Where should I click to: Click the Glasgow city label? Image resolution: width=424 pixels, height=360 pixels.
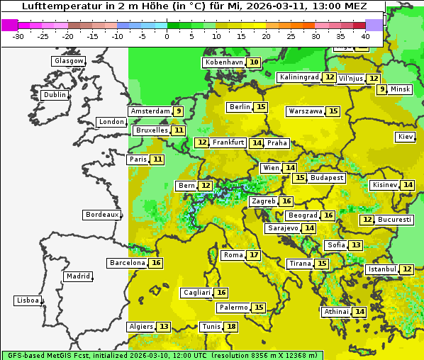[69, 61]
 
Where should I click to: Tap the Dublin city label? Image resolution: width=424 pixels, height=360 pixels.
[55, 95]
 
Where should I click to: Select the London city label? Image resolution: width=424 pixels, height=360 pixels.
[111, 122]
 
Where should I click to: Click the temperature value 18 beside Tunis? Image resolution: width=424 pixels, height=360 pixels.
[231, 327]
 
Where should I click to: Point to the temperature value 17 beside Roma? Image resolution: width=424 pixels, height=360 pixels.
[253, 255]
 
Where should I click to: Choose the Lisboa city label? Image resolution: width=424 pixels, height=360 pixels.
[28, 300]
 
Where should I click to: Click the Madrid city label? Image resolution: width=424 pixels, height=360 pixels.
[77, 276]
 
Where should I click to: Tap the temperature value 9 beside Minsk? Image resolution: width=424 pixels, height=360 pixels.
[381, 89]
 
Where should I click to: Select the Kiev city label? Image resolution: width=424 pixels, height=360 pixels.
[406, 137]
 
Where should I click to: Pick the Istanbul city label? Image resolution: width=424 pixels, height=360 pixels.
[382, 270]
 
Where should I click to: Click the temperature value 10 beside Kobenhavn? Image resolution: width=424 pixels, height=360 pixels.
[253, 62]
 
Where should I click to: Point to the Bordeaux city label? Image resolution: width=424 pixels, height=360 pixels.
[101, 215]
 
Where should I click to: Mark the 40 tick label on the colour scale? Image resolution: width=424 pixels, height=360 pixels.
[365, 35]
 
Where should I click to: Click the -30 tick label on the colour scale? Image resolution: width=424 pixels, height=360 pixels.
[18, 35]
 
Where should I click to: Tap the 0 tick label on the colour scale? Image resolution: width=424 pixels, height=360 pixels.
[167, 35]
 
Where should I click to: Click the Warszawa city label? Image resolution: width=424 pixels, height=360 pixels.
[306, 111]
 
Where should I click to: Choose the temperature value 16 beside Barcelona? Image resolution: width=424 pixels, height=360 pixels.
[156, 263]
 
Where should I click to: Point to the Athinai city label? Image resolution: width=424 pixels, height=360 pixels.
[336, 312]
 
